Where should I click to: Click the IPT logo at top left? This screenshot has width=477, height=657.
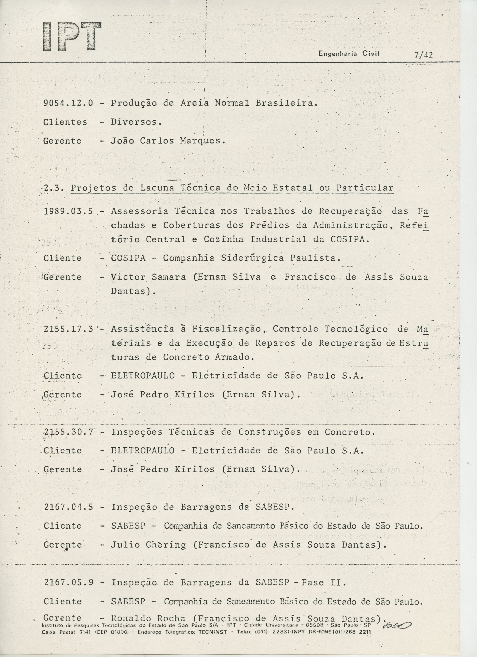point(72,37)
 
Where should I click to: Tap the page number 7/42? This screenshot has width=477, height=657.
point(423,55)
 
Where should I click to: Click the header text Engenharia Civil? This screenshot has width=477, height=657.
point(349,54)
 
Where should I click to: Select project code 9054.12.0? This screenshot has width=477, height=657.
point(68,103)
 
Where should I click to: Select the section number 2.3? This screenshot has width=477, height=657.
point(54,188)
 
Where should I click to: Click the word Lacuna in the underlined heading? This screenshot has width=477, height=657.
point(157,188)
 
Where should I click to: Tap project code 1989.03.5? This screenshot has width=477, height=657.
point(68,211)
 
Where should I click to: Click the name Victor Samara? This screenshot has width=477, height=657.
point(148,277)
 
